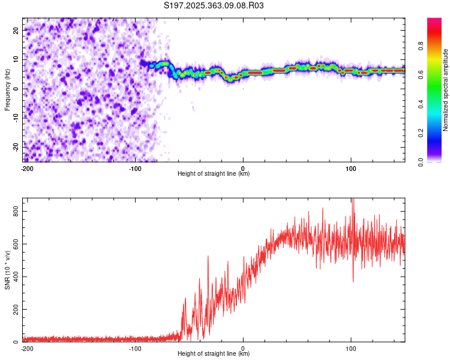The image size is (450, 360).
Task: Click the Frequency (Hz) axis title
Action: (x=7, y=89)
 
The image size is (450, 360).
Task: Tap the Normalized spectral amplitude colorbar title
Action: (x=446, y=89)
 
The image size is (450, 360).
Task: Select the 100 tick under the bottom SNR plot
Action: (x=350, y=349)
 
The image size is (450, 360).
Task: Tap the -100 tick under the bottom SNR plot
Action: (x=135, y=349)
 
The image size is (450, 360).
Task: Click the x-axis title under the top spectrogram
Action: (x=214, y=174)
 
